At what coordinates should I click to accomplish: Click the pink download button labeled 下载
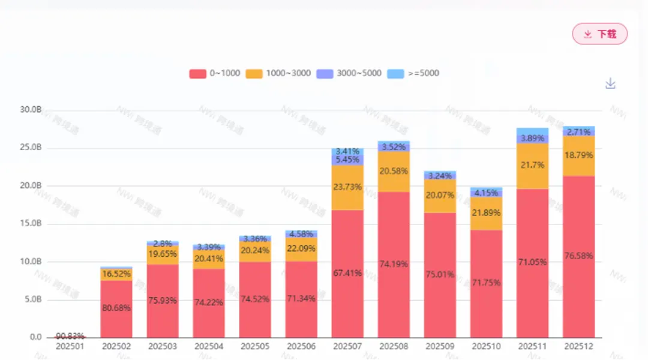(x=599, y=34)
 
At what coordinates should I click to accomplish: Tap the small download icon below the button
(x=610, y=83)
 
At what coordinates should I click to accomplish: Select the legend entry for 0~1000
(x=215, y=73)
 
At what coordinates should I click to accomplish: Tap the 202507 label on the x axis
(x=347, y=346)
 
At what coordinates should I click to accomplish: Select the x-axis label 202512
(x=578, y=346)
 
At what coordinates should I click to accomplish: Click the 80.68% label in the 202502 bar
(x=116, y=308)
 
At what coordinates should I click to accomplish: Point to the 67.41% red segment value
(x=347, y=273)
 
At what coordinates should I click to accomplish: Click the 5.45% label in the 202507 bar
(x=347, y=160)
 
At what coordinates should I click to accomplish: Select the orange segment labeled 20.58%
(x=394, y=171)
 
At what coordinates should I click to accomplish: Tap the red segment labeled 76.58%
(x=578, y=256)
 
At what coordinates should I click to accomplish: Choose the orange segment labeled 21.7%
(x=532, y=166)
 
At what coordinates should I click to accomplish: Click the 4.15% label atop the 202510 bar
(x=486, y=193)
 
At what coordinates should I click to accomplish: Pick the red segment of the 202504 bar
(x=209, y=302)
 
